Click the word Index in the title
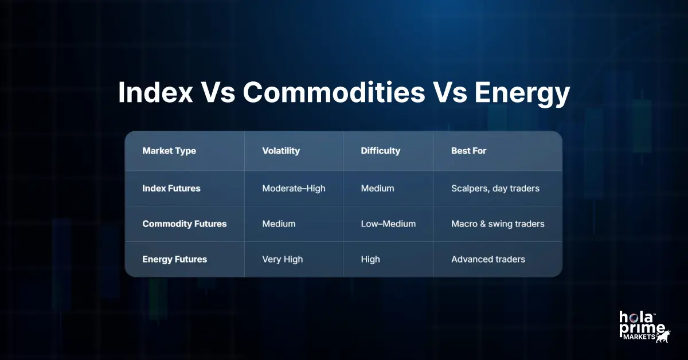click(x=155, y=93)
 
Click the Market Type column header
click(x=169, y=151)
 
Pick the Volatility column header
click(x=281, y=151)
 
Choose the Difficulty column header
click(x=380, y=151)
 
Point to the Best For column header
click(x=469, y=151)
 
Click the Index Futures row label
click(x=171, y=188)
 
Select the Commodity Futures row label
click(x=184, y=224)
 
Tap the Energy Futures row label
click(x=174, y=259)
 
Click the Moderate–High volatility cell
click(x=294, y=188)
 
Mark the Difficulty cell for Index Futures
click(x=377, y=188)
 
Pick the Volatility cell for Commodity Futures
click(x=279, y=224)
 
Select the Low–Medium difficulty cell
click(x=388, y=224)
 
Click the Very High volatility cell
click(x=282, y=259)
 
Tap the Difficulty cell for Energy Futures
click(x=370, y=259)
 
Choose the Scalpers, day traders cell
click(x=495, y=188)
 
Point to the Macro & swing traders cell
click(x=498, y=224)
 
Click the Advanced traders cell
click(x=488, y=259)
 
